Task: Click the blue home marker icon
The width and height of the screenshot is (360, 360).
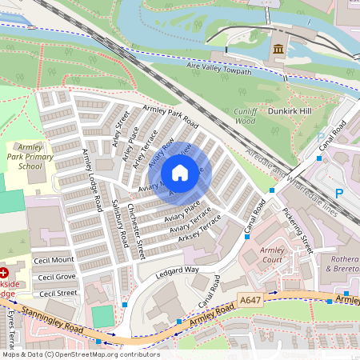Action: coord(180,173)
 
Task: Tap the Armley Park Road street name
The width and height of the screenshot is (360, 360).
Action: coord(170,115)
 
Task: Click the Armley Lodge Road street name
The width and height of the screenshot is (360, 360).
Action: coord(92,180)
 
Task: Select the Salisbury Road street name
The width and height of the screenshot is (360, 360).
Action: coord(121,222)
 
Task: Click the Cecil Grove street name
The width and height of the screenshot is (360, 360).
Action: coord(56,277)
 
